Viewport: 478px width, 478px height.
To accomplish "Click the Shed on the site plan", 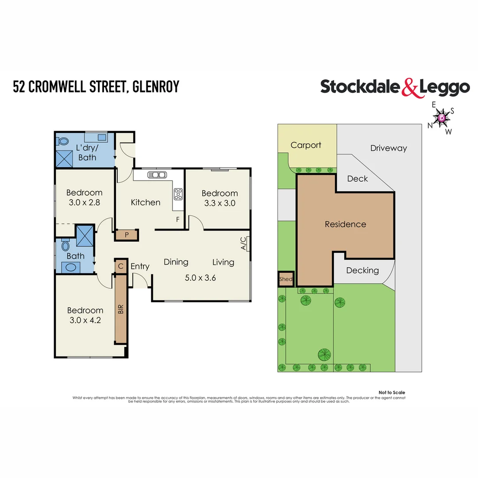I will click(x=285, y=279).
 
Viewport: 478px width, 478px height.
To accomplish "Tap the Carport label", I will click(x=306, y=145).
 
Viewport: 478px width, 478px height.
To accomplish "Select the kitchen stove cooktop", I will click(x=178, y=194).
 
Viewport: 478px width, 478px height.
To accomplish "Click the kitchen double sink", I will click(x=156, y=174).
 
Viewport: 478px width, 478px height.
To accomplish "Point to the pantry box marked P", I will click(x=127, y=235).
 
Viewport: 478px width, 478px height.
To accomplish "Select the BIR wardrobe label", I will click(x=120, y=309).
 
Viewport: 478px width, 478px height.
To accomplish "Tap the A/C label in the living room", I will click(x=243, y=244).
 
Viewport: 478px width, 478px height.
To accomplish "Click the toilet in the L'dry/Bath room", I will click(x=63, y=142).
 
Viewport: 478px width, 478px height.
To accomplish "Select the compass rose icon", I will click(x=442, y=118).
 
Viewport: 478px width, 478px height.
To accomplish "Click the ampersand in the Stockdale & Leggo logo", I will click(x=410, y=88).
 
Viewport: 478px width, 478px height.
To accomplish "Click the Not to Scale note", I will click(x=392, y=393).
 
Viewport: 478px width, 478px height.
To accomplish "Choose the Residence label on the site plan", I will click(x=345, y=224).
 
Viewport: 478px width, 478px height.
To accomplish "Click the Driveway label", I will click(x=388, y=148).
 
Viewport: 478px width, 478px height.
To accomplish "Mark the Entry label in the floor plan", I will click(x=140, y=266).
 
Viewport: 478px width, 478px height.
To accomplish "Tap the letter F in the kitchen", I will click(x=178, y=220).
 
